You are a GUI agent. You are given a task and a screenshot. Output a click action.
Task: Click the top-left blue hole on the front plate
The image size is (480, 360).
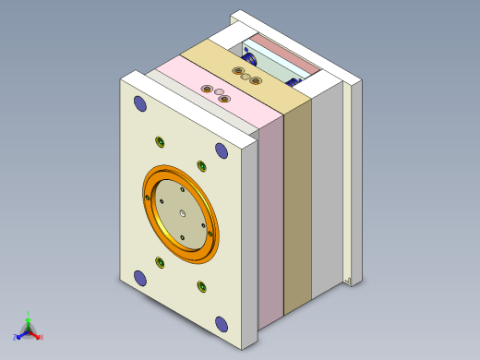(x=140, y=103)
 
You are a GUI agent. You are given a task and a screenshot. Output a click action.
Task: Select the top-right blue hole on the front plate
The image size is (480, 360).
(x=222, y=150)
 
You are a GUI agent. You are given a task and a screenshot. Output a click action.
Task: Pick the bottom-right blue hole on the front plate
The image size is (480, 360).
(x=222, y=323)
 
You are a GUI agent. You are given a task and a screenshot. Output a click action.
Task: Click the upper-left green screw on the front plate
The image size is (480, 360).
(x=160, y=141)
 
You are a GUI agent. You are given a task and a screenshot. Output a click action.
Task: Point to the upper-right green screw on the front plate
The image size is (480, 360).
(x=201, y=166)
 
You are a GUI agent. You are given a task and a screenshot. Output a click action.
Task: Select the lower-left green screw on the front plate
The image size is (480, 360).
(x=160, y=263)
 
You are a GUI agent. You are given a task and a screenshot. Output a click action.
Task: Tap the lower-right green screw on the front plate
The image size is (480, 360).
(x=201, y=287)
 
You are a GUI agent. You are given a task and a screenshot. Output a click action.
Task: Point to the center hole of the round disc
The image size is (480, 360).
(x=183, y=215)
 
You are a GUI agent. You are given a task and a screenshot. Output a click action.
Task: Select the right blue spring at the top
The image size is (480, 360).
(x=297, y=82)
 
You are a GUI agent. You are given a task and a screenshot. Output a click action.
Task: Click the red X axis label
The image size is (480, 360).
(x=42, y=337)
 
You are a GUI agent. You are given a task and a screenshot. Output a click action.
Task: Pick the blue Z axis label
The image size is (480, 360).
(x=15, y=336)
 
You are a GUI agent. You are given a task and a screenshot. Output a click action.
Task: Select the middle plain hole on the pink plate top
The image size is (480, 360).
(x=219, y=93)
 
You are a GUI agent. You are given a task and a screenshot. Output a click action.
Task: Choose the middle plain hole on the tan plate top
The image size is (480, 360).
(x=246, y=78)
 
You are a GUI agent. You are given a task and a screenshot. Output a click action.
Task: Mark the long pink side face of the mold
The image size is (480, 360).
(x=271, y=222)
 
